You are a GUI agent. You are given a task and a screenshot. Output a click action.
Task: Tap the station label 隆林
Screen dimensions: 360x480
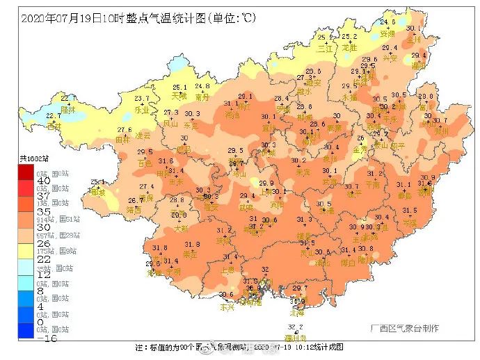coord(67,109)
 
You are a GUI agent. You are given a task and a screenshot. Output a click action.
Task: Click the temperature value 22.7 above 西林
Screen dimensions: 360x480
coord(53,116)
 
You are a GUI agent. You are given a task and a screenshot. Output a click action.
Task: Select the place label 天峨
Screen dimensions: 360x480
coord(179,97)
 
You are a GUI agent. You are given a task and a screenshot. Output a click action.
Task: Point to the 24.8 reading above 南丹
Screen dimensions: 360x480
coord(202,86)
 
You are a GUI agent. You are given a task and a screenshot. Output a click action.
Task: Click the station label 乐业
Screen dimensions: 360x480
coord(141,109)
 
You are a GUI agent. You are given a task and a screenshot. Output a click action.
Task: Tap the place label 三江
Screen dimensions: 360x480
coord(326,49)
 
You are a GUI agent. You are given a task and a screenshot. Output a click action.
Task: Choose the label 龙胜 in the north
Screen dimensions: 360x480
coord(349,48)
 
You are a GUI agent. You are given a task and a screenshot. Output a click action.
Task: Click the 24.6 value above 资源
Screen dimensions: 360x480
coord(387,22)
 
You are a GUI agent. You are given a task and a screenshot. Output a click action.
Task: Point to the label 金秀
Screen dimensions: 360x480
coord(360,148)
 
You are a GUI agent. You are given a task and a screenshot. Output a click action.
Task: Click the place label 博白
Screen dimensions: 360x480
coord(348,263)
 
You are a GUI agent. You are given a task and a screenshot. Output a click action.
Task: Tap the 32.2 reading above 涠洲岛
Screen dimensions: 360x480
coord(296,327)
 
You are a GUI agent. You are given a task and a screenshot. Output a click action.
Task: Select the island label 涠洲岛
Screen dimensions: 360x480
coord(296,337)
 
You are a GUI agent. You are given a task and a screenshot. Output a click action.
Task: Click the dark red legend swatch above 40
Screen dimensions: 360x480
coord(25,171)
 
